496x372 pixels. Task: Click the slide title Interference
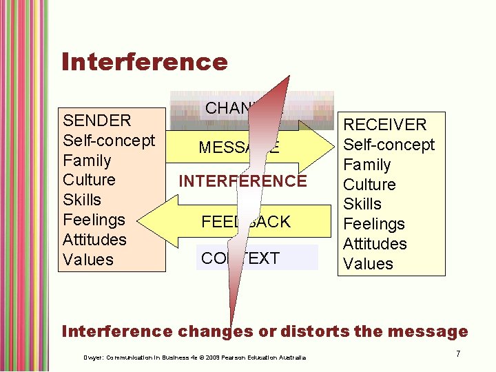pyautogui.click(x=144, y=62)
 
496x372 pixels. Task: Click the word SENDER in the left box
pyautogui.click(x=96, y=121)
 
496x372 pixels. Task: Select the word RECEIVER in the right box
pyautogui.click(x=385, y=125)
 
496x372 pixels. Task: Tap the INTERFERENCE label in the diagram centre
pyautogui.click(x=242, y=181)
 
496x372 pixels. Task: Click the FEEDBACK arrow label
pyautogui.click(x=246, y=222)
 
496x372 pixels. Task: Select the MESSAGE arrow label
pyautogui.click(x=239, y=147)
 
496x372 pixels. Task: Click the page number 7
pyautogui.click(x=457, y=353)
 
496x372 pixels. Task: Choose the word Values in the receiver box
pyautogui.click(x=368, y=264)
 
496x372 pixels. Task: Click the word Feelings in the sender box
pyautogui.click(x=94, y=220)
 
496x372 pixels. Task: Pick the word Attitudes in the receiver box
pyautogui.click(x=375, y=244)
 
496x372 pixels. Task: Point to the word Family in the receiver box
pyautogui.click(x=367, y=165)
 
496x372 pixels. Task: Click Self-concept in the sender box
pyautogui.click(x=109, y=141)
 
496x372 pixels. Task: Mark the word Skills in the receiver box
pyautogui.click(x=362, y=204)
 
